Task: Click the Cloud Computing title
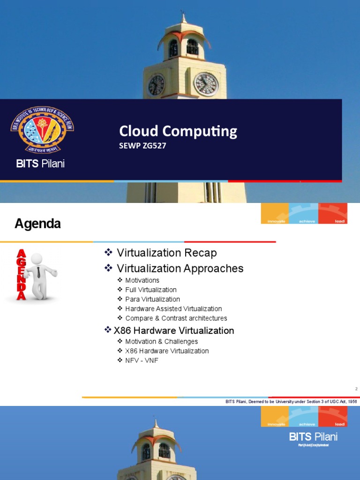coord(178,131)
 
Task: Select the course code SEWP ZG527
coord(142,146)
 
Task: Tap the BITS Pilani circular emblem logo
coord(42,129)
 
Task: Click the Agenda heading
coord(37,224)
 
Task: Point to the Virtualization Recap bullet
coord(166,253)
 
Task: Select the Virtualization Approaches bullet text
coord(180,269)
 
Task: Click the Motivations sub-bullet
coord(142,280)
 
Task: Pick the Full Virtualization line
coord(150,290)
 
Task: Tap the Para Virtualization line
coord(152,299)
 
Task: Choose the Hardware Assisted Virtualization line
coord(173,309)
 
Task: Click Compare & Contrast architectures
coord(176,318)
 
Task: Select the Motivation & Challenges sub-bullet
coord(161,342)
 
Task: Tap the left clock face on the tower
coord(156,85)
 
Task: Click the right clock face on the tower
coord(206,84)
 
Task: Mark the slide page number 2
coord(356,389)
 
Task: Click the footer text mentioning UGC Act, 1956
coord(291,402)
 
